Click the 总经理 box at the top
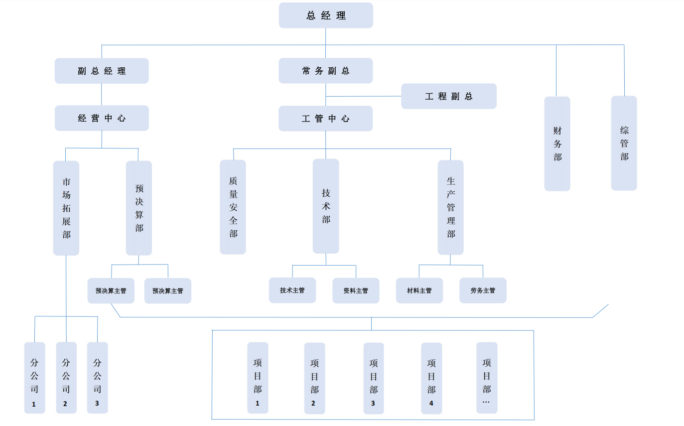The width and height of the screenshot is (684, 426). (326, 15)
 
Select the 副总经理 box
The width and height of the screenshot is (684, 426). (102, 71)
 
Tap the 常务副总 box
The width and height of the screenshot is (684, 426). (326, 71)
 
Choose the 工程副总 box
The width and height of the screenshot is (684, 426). (449, 96)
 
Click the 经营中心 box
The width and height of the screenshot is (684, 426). (102, 118)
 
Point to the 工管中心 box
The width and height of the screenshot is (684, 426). (326, 119)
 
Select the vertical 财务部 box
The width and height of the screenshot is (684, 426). (557, 143)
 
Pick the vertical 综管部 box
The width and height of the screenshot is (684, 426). (624, 143)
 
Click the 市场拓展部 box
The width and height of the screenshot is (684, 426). (66, 208)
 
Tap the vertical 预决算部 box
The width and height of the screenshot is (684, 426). (139, 208)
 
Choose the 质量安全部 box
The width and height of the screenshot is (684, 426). (233, 207)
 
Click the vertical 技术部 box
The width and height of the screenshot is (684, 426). (326, 206)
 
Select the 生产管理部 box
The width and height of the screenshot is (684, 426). (451, 207)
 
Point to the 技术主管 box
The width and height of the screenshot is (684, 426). (292, 290)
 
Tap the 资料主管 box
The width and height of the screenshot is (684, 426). (356, 290)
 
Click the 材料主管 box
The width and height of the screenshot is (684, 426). (419, 290)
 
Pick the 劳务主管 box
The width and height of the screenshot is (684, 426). (483, 290)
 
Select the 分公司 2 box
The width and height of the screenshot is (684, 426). (66, 378)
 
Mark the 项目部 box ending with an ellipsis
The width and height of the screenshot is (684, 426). (487, 378)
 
